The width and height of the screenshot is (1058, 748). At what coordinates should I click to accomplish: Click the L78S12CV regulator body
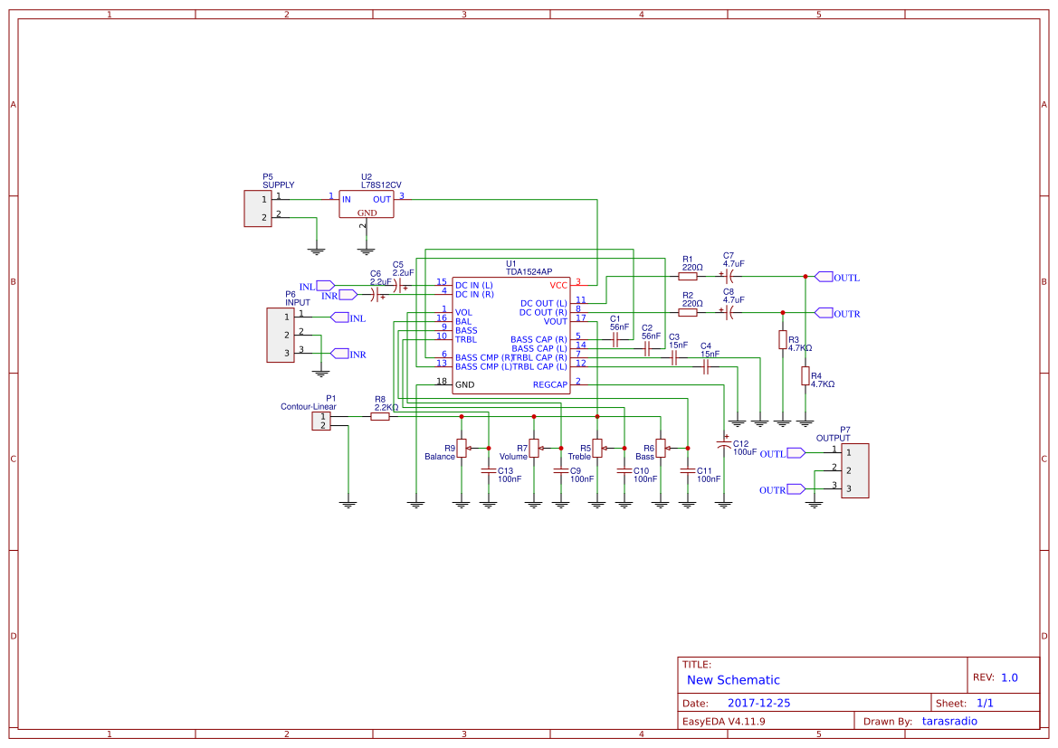point(367,204)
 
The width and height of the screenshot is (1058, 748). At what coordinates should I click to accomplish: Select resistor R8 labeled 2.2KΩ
point(380,417)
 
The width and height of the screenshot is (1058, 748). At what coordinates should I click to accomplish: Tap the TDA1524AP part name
point(529,271)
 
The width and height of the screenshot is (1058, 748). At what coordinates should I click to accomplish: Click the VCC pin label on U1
point(558,285)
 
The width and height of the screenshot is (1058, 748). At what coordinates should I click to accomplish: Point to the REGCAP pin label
point(549,384)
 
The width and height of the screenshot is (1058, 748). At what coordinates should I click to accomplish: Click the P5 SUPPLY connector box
point(257,208)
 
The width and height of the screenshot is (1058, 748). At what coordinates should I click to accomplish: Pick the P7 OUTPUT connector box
point(854,470)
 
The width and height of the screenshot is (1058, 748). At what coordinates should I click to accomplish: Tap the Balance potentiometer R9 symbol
point(462,448)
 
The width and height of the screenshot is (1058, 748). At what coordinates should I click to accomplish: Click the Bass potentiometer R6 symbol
point(661,448)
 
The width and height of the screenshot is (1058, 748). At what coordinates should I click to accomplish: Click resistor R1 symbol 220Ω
point(688,277)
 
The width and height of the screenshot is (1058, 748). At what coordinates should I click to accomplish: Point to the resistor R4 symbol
point(805,376)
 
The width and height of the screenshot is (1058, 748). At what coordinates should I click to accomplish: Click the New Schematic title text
point(733,680)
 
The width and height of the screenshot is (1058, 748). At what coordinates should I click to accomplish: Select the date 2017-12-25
point(758,703)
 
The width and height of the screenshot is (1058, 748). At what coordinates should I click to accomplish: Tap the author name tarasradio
point(949,721)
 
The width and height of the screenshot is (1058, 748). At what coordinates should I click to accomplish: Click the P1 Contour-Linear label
point(308,407)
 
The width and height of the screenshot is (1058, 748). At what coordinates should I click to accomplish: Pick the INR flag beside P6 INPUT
point(340,354)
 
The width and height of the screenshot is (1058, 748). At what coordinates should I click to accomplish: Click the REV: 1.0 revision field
point(996,677)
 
